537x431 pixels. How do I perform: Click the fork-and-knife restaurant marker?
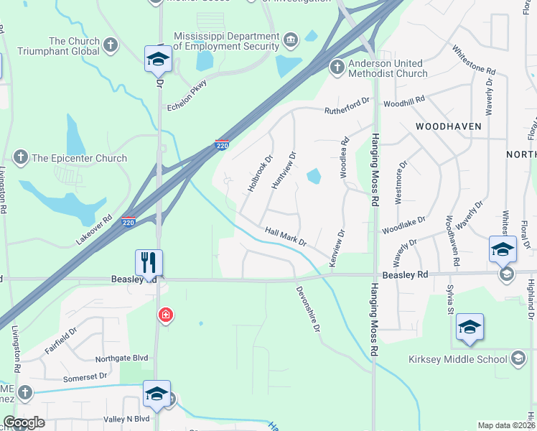tap(149, 261)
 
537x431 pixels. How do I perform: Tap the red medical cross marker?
tap(166, 315)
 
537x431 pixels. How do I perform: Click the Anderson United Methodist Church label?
tap(388, 68)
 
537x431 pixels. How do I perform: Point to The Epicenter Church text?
tap(79, 158)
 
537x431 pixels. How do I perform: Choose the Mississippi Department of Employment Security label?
tap(226, 41)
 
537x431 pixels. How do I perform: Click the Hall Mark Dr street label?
tap(286, 236)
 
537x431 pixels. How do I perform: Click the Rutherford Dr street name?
tap(346, 106)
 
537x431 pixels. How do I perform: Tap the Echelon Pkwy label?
tap(187, 96)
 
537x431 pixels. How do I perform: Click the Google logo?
tap(24, 423)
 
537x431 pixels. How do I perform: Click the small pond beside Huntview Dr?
tap(313, 176)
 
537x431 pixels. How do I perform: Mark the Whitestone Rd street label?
tap(474, 62)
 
